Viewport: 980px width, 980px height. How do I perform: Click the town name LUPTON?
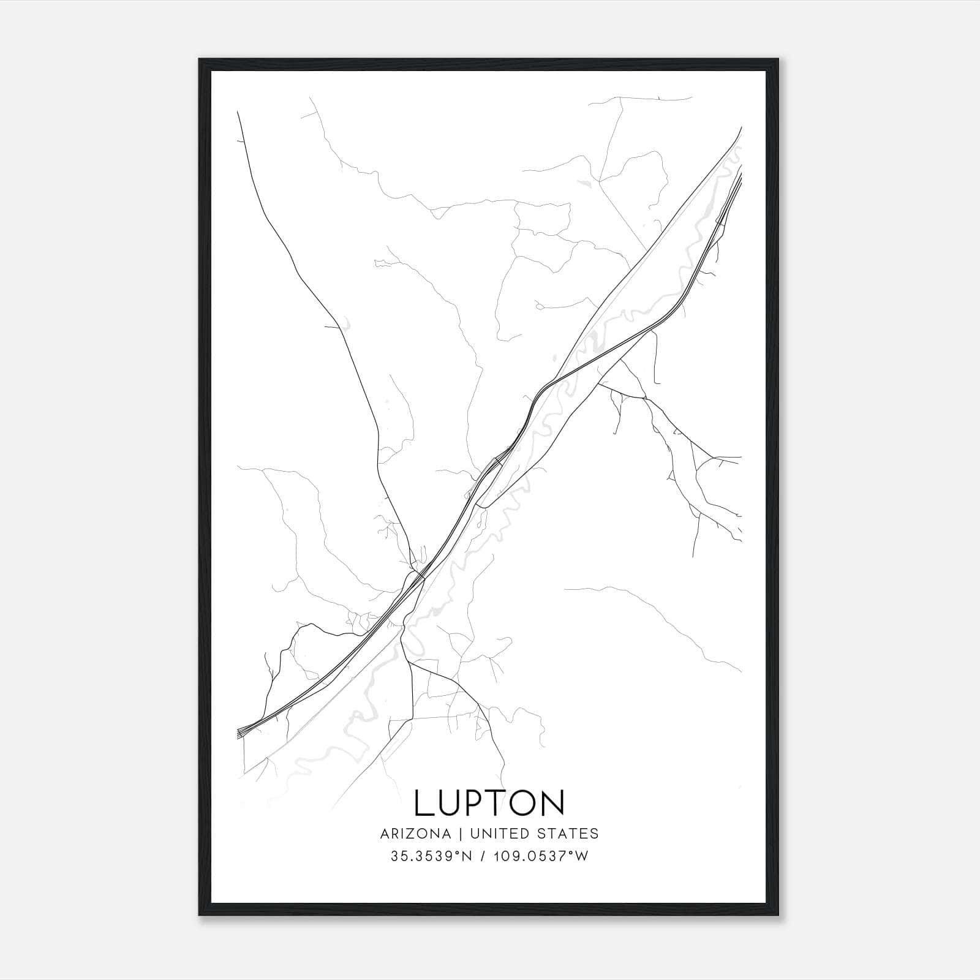[489, 803]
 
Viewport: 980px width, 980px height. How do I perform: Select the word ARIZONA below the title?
[414, 834]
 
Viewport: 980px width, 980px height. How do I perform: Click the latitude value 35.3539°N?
[431, 856]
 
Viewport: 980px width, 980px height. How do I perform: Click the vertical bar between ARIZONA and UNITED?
[455, 834]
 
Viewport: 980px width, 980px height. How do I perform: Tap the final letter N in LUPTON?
[553, 803]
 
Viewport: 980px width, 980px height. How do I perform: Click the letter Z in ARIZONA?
[414, 834]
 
